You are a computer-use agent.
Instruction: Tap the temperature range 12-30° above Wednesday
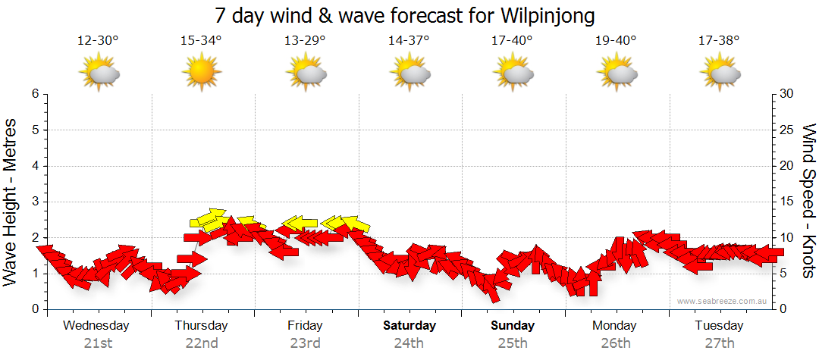(x=98, y=41)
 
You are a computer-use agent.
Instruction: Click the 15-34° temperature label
(x=201, y=41)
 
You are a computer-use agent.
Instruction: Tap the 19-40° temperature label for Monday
(x=616, y=41)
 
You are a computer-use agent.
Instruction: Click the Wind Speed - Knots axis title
(x=808, y=201)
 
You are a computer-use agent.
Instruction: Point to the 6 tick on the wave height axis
(x=35, y=94)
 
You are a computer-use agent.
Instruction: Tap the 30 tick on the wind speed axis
(x=786, y=94)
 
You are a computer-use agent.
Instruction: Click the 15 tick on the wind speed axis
(x=786, y=202)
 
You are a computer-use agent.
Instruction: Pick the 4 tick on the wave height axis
(x=35, y=166)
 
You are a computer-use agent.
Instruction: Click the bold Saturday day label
(x=409, y=326)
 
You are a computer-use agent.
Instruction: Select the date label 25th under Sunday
(x=513, y=343)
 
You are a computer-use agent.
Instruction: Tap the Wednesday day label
(x=96, y=326)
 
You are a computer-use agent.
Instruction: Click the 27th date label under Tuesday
(x=720, y=343)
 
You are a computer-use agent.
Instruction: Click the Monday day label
(x=615, y=326)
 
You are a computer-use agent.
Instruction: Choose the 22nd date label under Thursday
(x=201, y=343)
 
